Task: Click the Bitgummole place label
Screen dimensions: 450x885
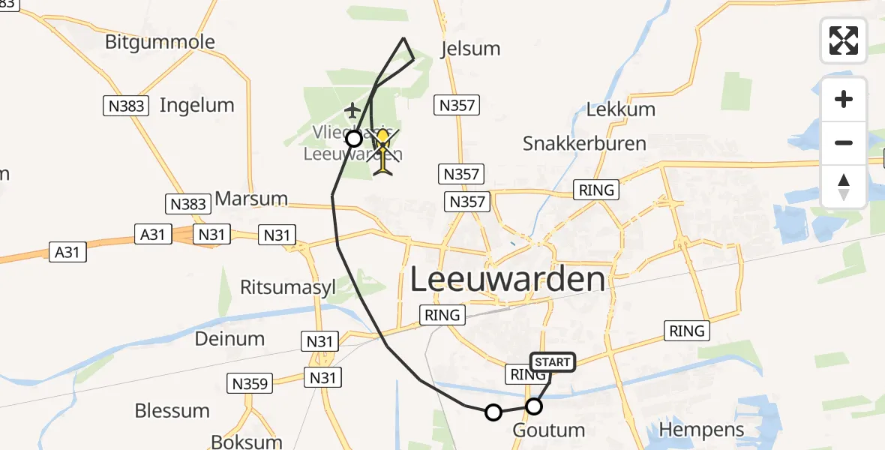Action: pyautogui.click(x=160, y=42)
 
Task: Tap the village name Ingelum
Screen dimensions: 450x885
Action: pyautogui.click(x=196, y=105)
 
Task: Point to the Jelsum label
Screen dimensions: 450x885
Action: pyautogui.click(x=470, y=49)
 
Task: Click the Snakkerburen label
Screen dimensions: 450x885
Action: pyautogui.click(x=584, y=143)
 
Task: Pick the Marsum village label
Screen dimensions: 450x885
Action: pyautogui.click(x=251, y=199)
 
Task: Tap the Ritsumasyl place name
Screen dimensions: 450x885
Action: pyautogui.click(x=287, y=287)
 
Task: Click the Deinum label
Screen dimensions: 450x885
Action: pyautogui.click(x=229, y=338)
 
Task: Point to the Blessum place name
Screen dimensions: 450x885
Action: pyautogui.click(x=172, y=411)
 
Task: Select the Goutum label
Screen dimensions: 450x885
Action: pyautogui.click(x=548, y=430)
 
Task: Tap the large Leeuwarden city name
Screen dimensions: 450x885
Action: pyautogui.click(x=508, y=280)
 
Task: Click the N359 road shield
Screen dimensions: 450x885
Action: pyautogui.click(x=249, y=384)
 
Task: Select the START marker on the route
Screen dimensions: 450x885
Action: pyautogui.click(x=553, y=362)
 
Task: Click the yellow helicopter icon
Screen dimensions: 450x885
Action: pyautogui.click(x=383, y=151)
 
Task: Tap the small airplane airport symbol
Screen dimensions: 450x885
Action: pyautogui.click(x=352, y=111)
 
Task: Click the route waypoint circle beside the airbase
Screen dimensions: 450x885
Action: pyautogui.click(x=354, y=138)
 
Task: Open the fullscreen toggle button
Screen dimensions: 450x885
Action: pyautogui.click(x=844, y=40)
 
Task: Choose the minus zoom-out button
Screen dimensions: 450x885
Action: pyautogui.click(x=844, y=142)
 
